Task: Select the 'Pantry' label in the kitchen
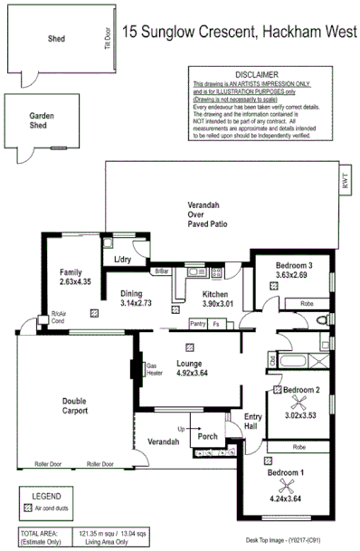[x=197, y=323]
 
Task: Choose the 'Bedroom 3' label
[x=295, y=264]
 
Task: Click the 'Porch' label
[x=208, y=436]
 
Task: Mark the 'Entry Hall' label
[x=254, y=422]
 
